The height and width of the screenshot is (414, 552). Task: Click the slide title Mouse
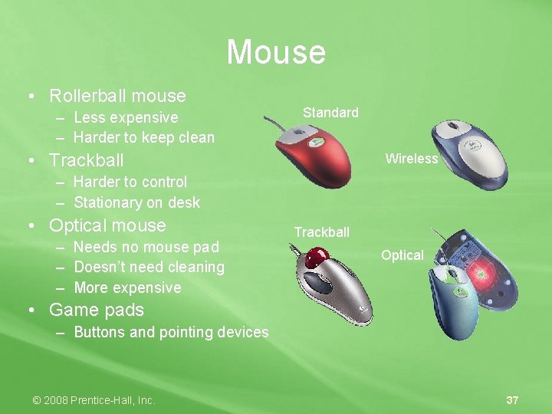coord(276,52)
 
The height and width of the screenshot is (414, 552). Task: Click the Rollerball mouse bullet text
coord(117,96)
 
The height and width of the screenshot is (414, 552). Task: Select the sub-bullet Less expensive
coord(126,117)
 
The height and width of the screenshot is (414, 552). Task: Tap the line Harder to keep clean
coord(144,138)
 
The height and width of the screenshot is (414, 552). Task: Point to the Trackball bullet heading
coord(86,160)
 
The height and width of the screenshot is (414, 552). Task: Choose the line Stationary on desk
coord(136,202)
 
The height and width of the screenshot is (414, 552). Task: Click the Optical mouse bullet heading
coord(107,225)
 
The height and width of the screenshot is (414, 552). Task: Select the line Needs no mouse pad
coord(146,247)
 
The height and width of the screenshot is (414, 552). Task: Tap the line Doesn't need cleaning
coord(149,267)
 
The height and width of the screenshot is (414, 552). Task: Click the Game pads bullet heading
coord(97,310)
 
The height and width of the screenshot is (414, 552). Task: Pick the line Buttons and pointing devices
coord(171,332)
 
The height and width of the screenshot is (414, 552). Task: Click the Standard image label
coord(330,113)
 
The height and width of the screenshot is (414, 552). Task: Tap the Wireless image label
coord(412,159)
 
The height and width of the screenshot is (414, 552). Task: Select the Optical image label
coord(402,255)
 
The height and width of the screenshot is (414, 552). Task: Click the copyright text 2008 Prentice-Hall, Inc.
coord(94,400)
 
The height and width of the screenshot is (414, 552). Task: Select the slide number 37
coord(512,400)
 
